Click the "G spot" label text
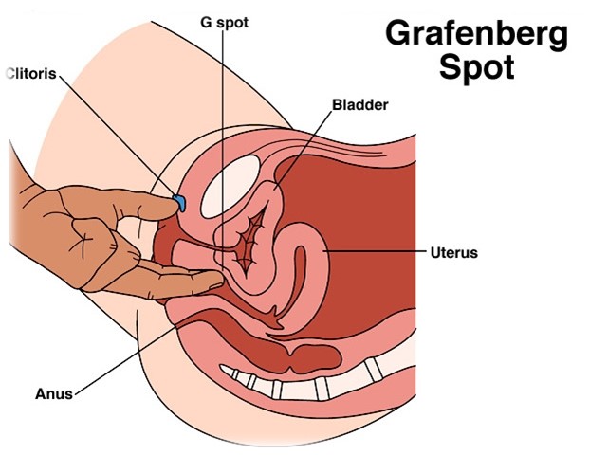pos(224,23)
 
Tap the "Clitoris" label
pos(32,73)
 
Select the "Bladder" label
pos(360,104)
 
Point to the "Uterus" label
pos(454,253)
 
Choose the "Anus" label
pos(54,393)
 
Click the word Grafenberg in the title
pos(476,35)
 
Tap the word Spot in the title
pos(477,67)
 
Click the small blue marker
pos(179,202)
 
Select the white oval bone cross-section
pos(230,187)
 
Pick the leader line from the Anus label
pos(125,361)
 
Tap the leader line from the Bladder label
pos(304,151)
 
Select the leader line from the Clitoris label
pos(118,136)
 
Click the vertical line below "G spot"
pos(223,152)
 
